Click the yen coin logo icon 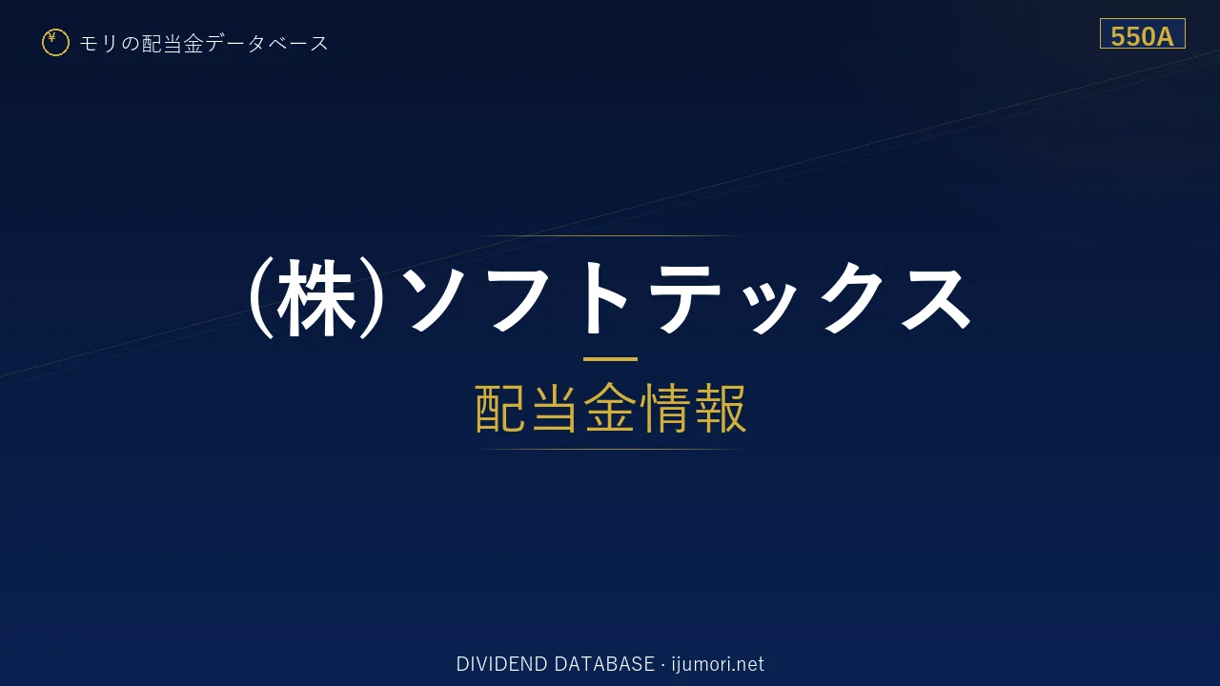(x=55, y=43)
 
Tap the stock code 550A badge (x=1142, y=33)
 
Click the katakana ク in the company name (x=852, y=298)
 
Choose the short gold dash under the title (x=610, y=359)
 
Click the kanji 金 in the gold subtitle (x=610, y=408)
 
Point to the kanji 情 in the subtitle (x=665, y=408)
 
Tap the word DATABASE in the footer (x=604, y=664)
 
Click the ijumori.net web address (x=718, y=664)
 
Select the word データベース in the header (x=267, y=44)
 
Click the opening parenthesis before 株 (x=261, y=298)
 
